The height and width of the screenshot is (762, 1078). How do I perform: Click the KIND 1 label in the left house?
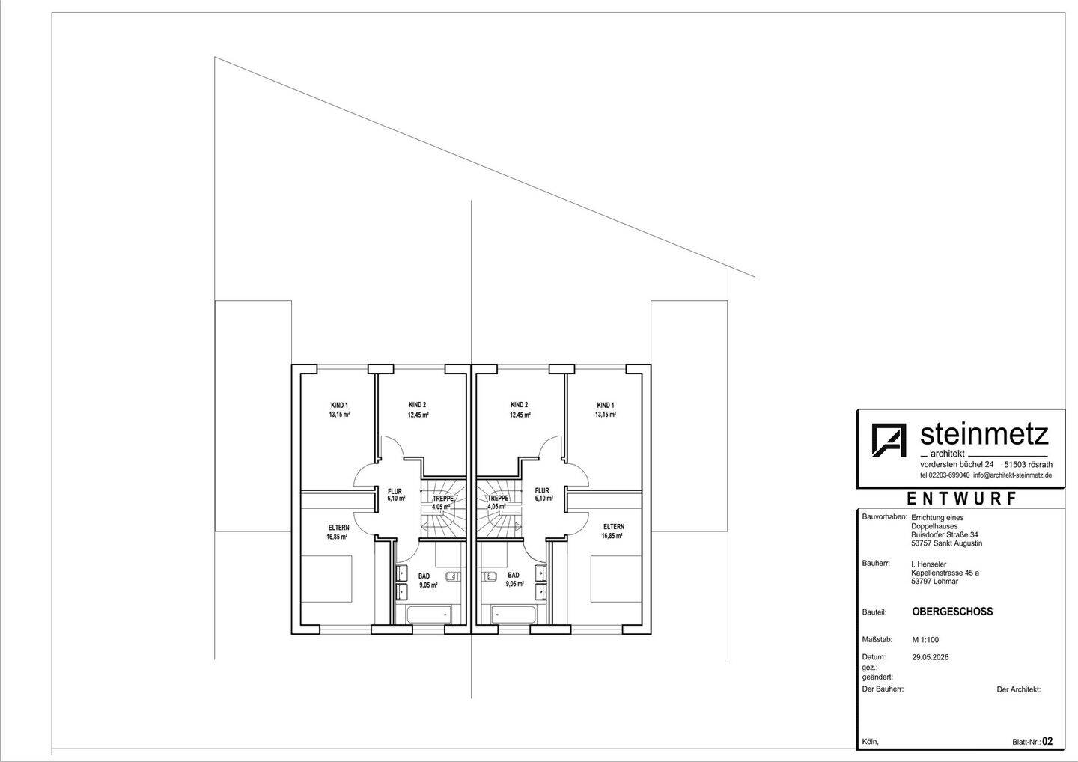coord(339,405)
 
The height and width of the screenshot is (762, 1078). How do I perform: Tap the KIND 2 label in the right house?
coord(520,405)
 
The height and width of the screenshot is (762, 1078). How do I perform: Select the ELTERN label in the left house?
coord(339,528)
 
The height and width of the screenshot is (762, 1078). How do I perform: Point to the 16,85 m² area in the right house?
coord(612,536)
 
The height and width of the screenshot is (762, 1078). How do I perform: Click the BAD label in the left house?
coord(424,576)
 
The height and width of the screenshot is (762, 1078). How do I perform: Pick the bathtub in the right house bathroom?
coord(513,615)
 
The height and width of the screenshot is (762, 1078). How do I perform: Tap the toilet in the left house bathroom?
coord(453,576)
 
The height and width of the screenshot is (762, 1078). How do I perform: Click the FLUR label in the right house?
coord(542,491)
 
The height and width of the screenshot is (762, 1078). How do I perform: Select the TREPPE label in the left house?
coord(442,499)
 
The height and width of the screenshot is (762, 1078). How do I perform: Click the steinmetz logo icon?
coord(889,439)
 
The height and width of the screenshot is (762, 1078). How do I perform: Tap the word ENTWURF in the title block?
coord(961,499)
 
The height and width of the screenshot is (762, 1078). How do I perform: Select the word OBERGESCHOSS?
coord(952,612)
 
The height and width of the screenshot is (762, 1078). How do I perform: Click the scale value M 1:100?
coord(925,640)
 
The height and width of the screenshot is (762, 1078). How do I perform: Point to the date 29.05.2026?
coord(931,657)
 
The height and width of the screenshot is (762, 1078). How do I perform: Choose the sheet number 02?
coord(1047,741)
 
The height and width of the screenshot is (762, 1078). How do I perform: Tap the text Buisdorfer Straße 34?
coord(944,534)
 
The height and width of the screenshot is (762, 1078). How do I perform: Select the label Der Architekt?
coord(1018,689)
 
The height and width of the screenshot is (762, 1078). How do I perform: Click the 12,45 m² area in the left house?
coord(418,415)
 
